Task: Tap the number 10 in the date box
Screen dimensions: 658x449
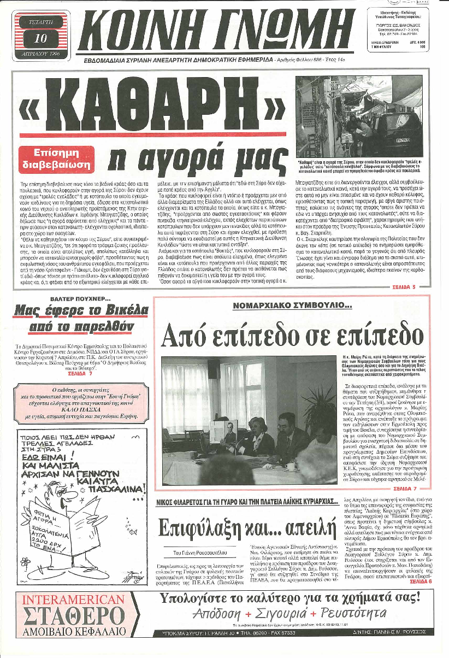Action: pyautogui.click(x=40, y=38)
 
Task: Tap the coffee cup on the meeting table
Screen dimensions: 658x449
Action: pyautogui.click(x=291, y=466)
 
